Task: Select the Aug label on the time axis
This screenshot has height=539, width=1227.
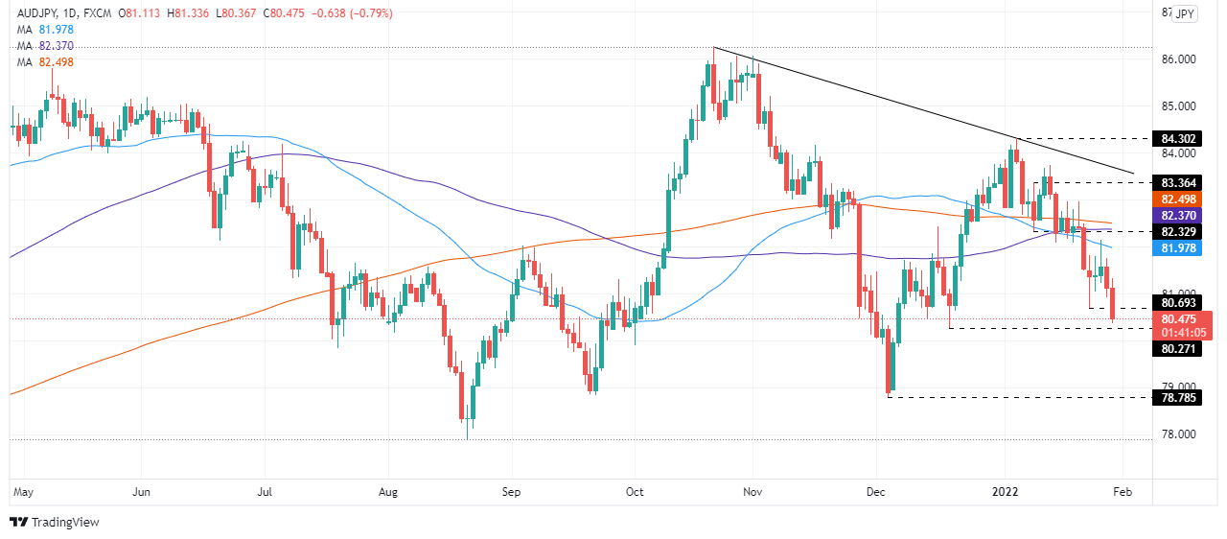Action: [387, 492]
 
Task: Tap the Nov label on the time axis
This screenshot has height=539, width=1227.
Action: [752, 492]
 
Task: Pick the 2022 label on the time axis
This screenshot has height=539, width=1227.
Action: [1004, 492]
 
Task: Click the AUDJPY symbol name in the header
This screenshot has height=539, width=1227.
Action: [34, 13]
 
